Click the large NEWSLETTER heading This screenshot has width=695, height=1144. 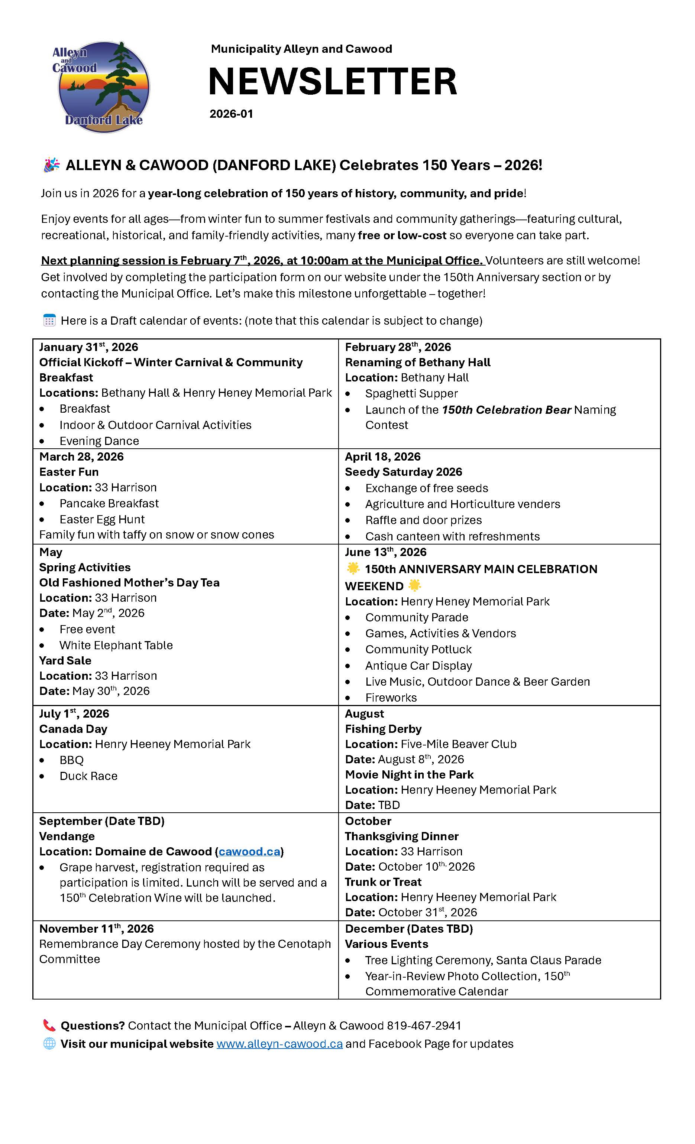(333, 81)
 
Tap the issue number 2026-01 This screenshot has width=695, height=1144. (231, 114)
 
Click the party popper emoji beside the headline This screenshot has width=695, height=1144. (52, 165)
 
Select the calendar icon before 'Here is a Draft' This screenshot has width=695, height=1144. (49, 320)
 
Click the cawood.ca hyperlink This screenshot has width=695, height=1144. (249, 851)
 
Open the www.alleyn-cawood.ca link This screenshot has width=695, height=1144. (279, 1044)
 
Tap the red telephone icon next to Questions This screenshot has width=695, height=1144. (49, 1025)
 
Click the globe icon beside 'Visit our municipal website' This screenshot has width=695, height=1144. (49, 1044)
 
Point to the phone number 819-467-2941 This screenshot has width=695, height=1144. (424, 1025)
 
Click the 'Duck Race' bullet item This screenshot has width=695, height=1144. (88, 776)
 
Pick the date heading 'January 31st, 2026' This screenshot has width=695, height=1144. (88, 347)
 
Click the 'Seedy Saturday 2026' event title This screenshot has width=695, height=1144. (403, 472)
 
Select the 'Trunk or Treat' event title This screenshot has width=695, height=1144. (383, 882)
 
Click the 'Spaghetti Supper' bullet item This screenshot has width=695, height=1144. (411, 393)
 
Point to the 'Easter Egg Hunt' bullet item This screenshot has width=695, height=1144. (102, 519)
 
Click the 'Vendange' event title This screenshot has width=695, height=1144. (67, 836)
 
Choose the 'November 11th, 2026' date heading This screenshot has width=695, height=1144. (96, 929)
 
